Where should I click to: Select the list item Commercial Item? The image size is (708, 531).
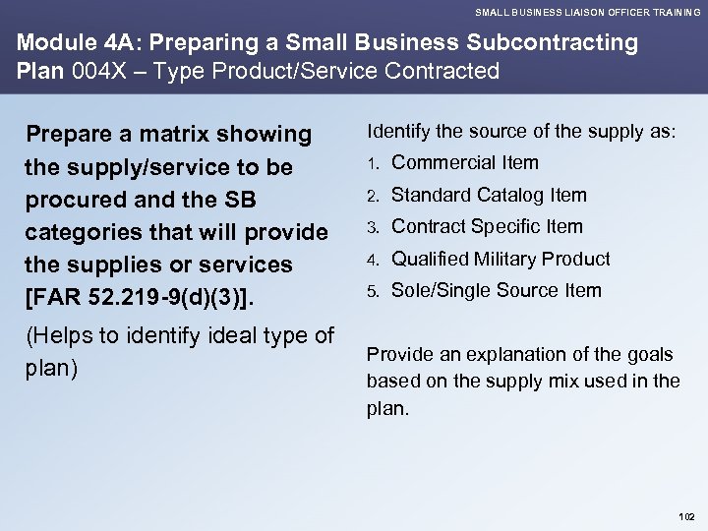465,162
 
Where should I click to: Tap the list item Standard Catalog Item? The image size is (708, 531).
489,195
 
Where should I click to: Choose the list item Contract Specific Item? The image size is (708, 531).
487,226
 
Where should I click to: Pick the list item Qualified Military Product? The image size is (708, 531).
501,259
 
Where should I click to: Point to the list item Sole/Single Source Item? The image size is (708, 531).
497,290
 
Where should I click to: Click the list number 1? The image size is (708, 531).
373,163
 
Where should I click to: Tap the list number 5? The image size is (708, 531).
373,291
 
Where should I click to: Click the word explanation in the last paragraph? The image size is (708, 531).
487,354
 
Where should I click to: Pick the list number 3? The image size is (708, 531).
373,227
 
